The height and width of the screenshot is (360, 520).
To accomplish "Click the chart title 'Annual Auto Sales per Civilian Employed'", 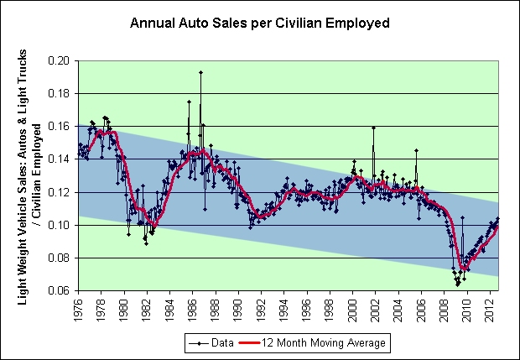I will coord(259,23).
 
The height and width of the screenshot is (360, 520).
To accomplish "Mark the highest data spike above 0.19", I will coord(200,72).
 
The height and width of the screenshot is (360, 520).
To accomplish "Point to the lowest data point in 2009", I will coord(458,285).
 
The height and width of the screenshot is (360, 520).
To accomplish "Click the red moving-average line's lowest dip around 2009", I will coord(462,269).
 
